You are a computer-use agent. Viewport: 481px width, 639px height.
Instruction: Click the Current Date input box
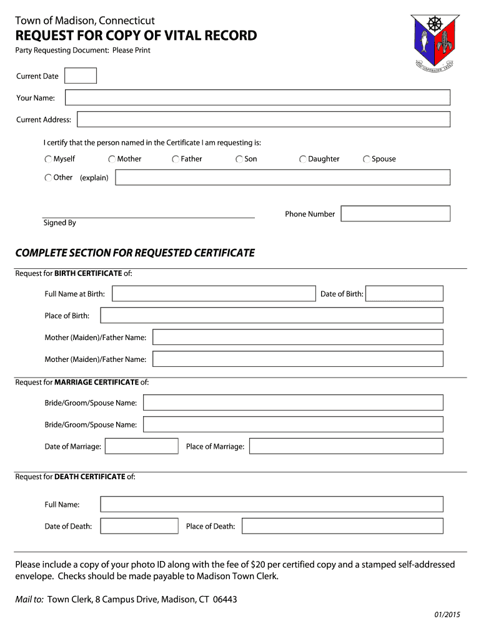point(81,76)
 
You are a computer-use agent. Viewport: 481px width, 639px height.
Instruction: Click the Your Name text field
point(257,97)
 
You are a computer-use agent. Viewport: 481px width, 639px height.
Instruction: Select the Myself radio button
point(48,159)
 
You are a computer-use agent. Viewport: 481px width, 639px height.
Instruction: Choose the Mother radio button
point(112,159)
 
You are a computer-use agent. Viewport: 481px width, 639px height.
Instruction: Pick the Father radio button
point(176,159)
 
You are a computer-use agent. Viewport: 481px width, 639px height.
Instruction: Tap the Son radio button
point(239,159)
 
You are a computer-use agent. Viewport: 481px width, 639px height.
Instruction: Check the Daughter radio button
point(303,159)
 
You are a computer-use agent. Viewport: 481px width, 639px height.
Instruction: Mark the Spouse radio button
point(367,159)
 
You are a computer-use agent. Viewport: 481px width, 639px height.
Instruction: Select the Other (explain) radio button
point(48,178)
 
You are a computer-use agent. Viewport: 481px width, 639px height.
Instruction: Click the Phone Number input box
point(395,213)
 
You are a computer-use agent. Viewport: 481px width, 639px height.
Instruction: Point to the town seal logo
point(434,42)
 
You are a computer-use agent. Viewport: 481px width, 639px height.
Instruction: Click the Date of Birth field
point(404,293)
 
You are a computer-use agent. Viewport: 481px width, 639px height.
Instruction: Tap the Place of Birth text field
point(271,315)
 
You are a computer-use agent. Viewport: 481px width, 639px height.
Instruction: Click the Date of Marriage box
point(142,446)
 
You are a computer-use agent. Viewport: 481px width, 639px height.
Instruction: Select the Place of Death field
point(342,526)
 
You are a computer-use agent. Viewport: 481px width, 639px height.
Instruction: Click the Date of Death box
point(139,526)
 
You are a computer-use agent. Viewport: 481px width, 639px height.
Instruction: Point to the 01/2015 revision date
point(447,615)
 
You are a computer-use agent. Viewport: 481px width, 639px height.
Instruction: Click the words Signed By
point(59,223)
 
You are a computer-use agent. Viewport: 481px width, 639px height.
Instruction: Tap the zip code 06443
point(225,600)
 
